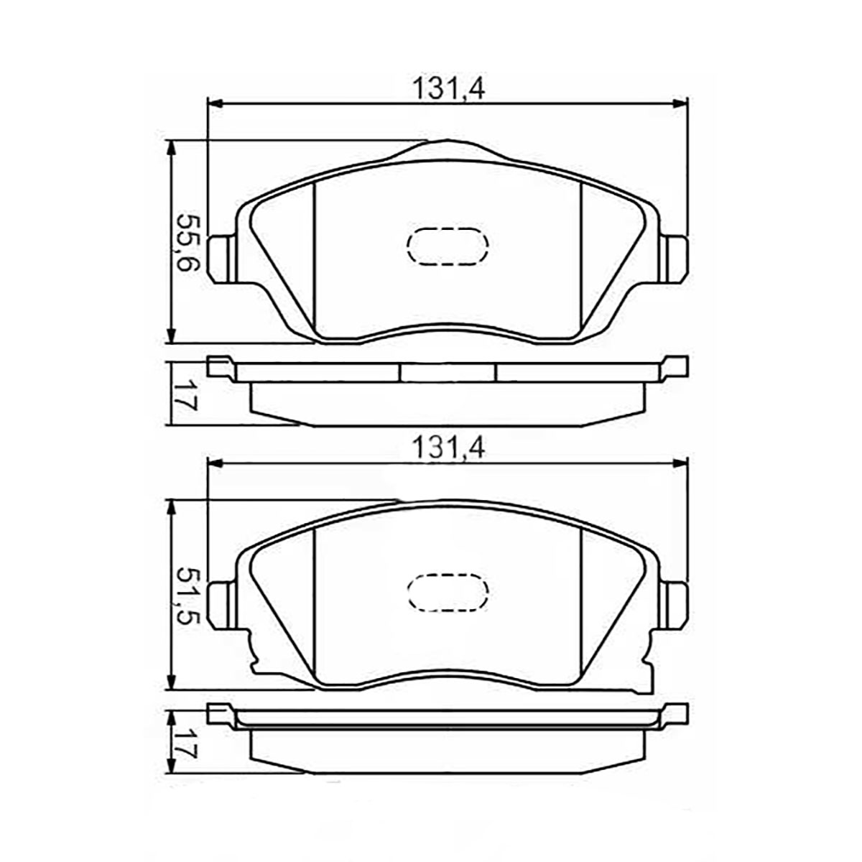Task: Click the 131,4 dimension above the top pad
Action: tap(448, 89)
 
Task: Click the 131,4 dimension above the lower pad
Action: tap(448, 448)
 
